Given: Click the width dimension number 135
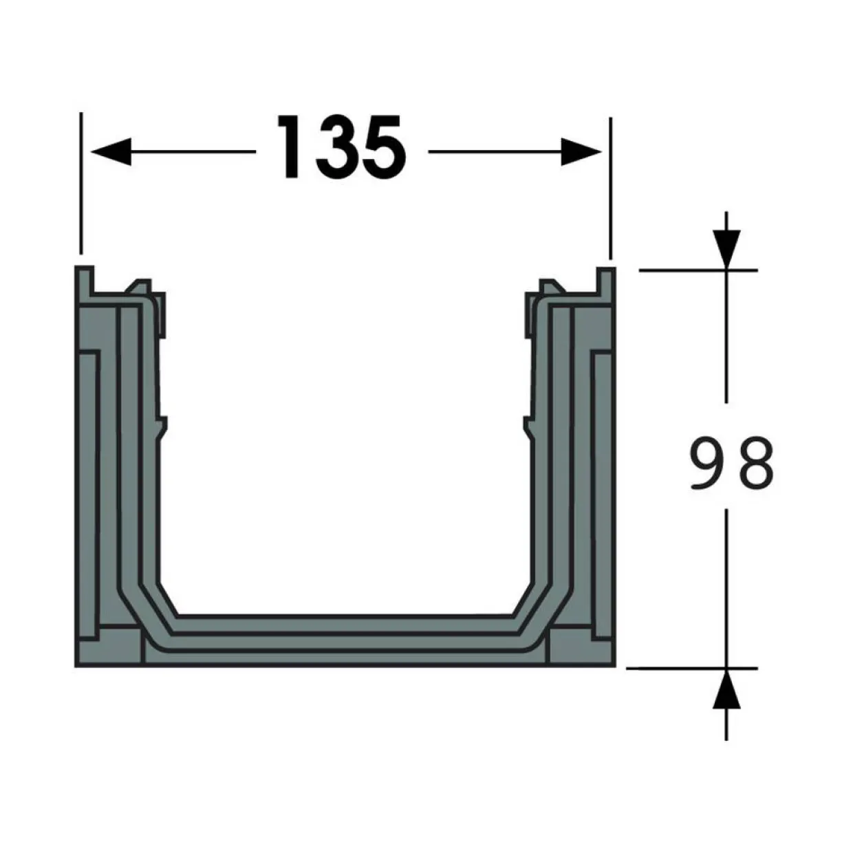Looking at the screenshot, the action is [x=341, y=147].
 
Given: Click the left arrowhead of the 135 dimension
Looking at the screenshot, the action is [x=111, y=151].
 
